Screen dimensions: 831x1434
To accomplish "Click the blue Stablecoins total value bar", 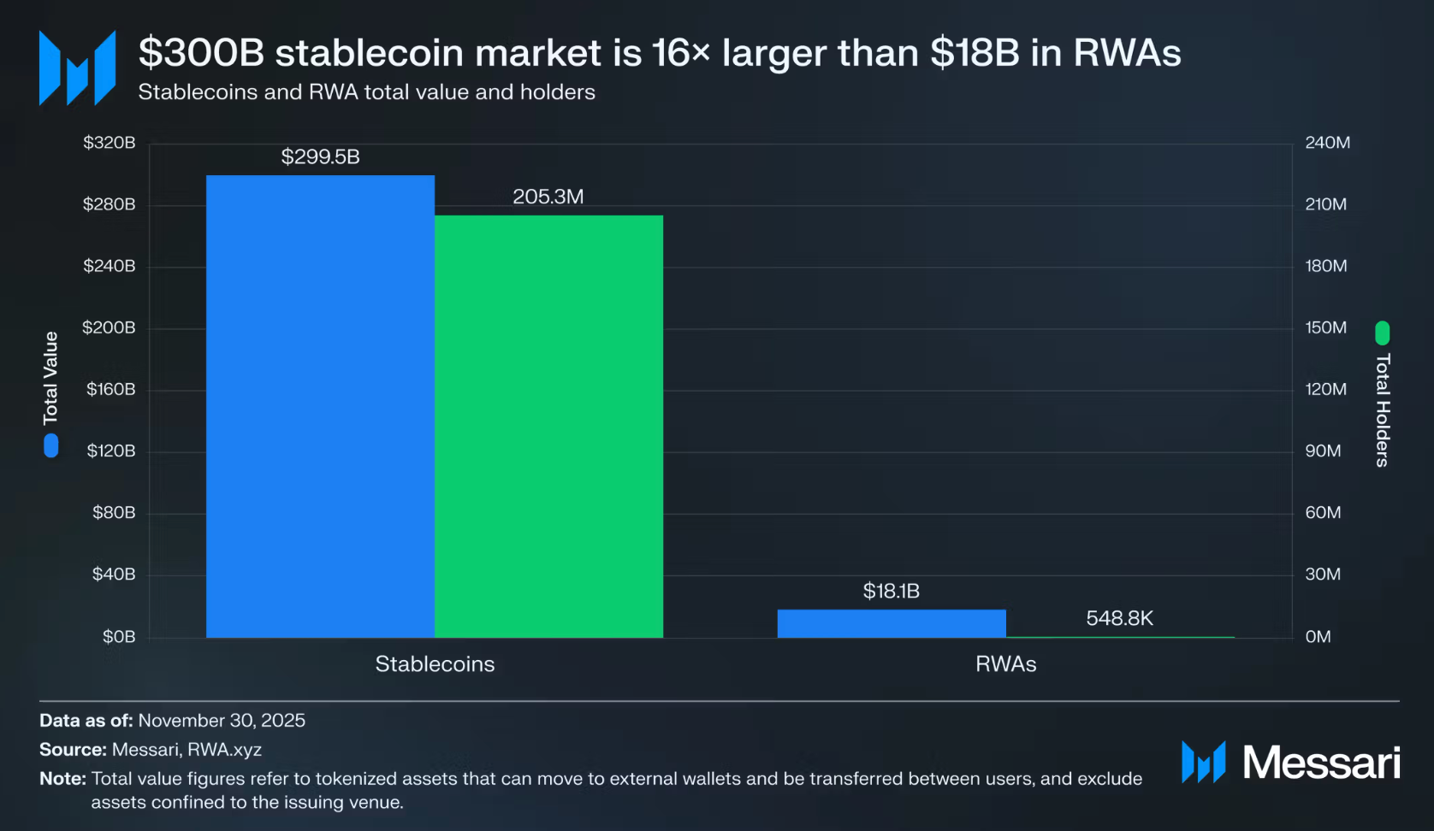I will tap(320, 406).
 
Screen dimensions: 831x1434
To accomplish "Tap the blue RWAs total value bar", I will tap(891, 623).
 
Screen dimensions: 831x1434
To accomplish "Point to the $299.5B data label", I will tap(320, 157).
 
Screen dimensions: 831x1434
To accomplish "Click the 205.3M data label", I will tap(548, 197).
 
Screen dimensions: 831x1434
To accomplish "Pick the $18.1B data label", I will tap(891, 591).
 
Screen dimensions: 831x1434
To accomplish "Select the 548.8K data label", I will tap(1119, 618).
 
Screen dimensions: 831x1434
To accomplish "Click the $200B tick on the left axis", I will tap(109, 327).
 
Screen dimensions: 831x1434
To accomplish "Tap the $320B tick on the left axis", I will tap(109, 143).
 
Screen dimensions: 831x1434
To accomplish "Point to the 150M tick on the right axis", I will tap(1325, 327).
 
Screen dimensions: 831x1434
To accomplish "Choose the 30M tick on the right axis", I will tap(1323, 574).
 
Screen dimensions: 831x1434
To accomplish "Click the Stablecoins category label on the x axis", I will tap(435, 664).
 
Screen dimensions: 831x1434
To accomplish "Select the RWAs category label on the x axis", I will tap(1005, 664).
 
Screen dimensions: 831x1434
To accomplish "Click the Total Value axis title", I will tap(51, 377).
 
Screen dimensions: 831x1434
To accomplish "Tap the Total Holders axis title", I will tap(1383, 410).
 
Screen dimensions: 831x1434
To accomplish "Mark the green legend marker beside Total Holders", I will tap(1383, 333).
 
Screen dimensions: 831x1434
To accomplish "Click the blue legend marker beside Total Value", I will tap(51, 445).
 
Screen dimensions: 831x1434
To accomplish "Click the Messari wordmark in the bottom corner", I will tap(1320, 762).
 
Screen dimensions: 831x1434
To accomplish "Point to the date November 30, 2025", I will tap(222, 721).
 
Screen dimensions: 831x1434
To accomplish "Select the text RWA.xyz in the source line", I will tap(224, 750).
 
